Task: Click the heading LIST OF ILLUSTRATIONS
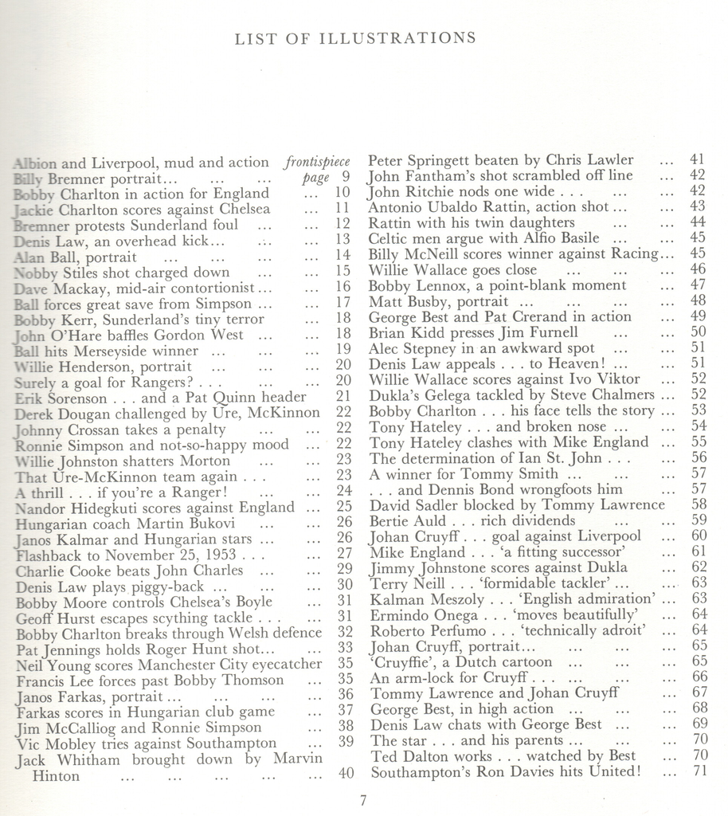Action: click(356, 37)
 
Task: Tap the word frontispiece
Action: click(316, 162)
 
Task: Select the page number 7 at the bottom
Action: click(363, 800)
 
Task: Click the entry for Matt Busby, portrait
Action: click(438, 301)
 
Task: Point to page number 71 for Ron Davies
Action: click(699, 771)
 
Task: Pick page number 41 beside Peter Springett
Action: click(698, 160)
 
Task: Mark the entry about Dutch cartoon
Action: click(476, 661)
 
